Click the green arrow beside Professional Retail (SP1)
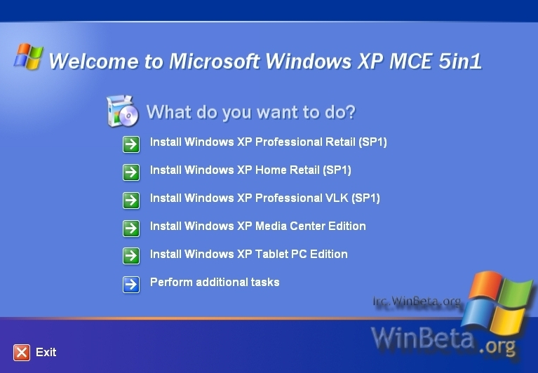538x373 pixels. (x=131, y=144)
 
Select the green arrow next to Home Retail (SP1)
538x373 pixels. (x=131, y=172)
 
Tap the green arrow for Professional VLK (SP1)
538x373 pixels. (x=131, y=201)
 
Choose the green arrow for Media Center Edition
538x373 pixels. (x=131, y=229)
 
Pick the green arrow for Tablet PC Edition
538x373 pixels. (x=131, y=256)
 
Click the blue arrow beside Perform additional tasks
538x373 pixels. (x=131, y=285)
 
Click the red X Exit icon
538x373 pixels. (x=22, y=353)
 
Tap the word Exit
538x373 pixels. (x=46, y=352)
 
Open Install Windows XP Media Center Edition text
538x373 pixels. (x=257, y=226)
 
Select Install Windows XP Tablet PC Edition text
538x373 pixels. (x=249, y=254)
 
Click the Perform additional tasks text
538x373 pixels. (x=215, y=282)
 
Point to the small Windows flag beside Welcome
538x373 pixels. (x=29, y=56)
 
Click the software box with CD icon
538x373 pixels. (x=123, y=111)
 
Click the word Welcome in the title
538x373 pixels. (x=94, y=62)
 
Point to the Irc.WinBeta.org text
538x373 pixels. (x=417, y=301)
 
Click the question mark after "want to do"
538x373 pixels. (x=350, y=111)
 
